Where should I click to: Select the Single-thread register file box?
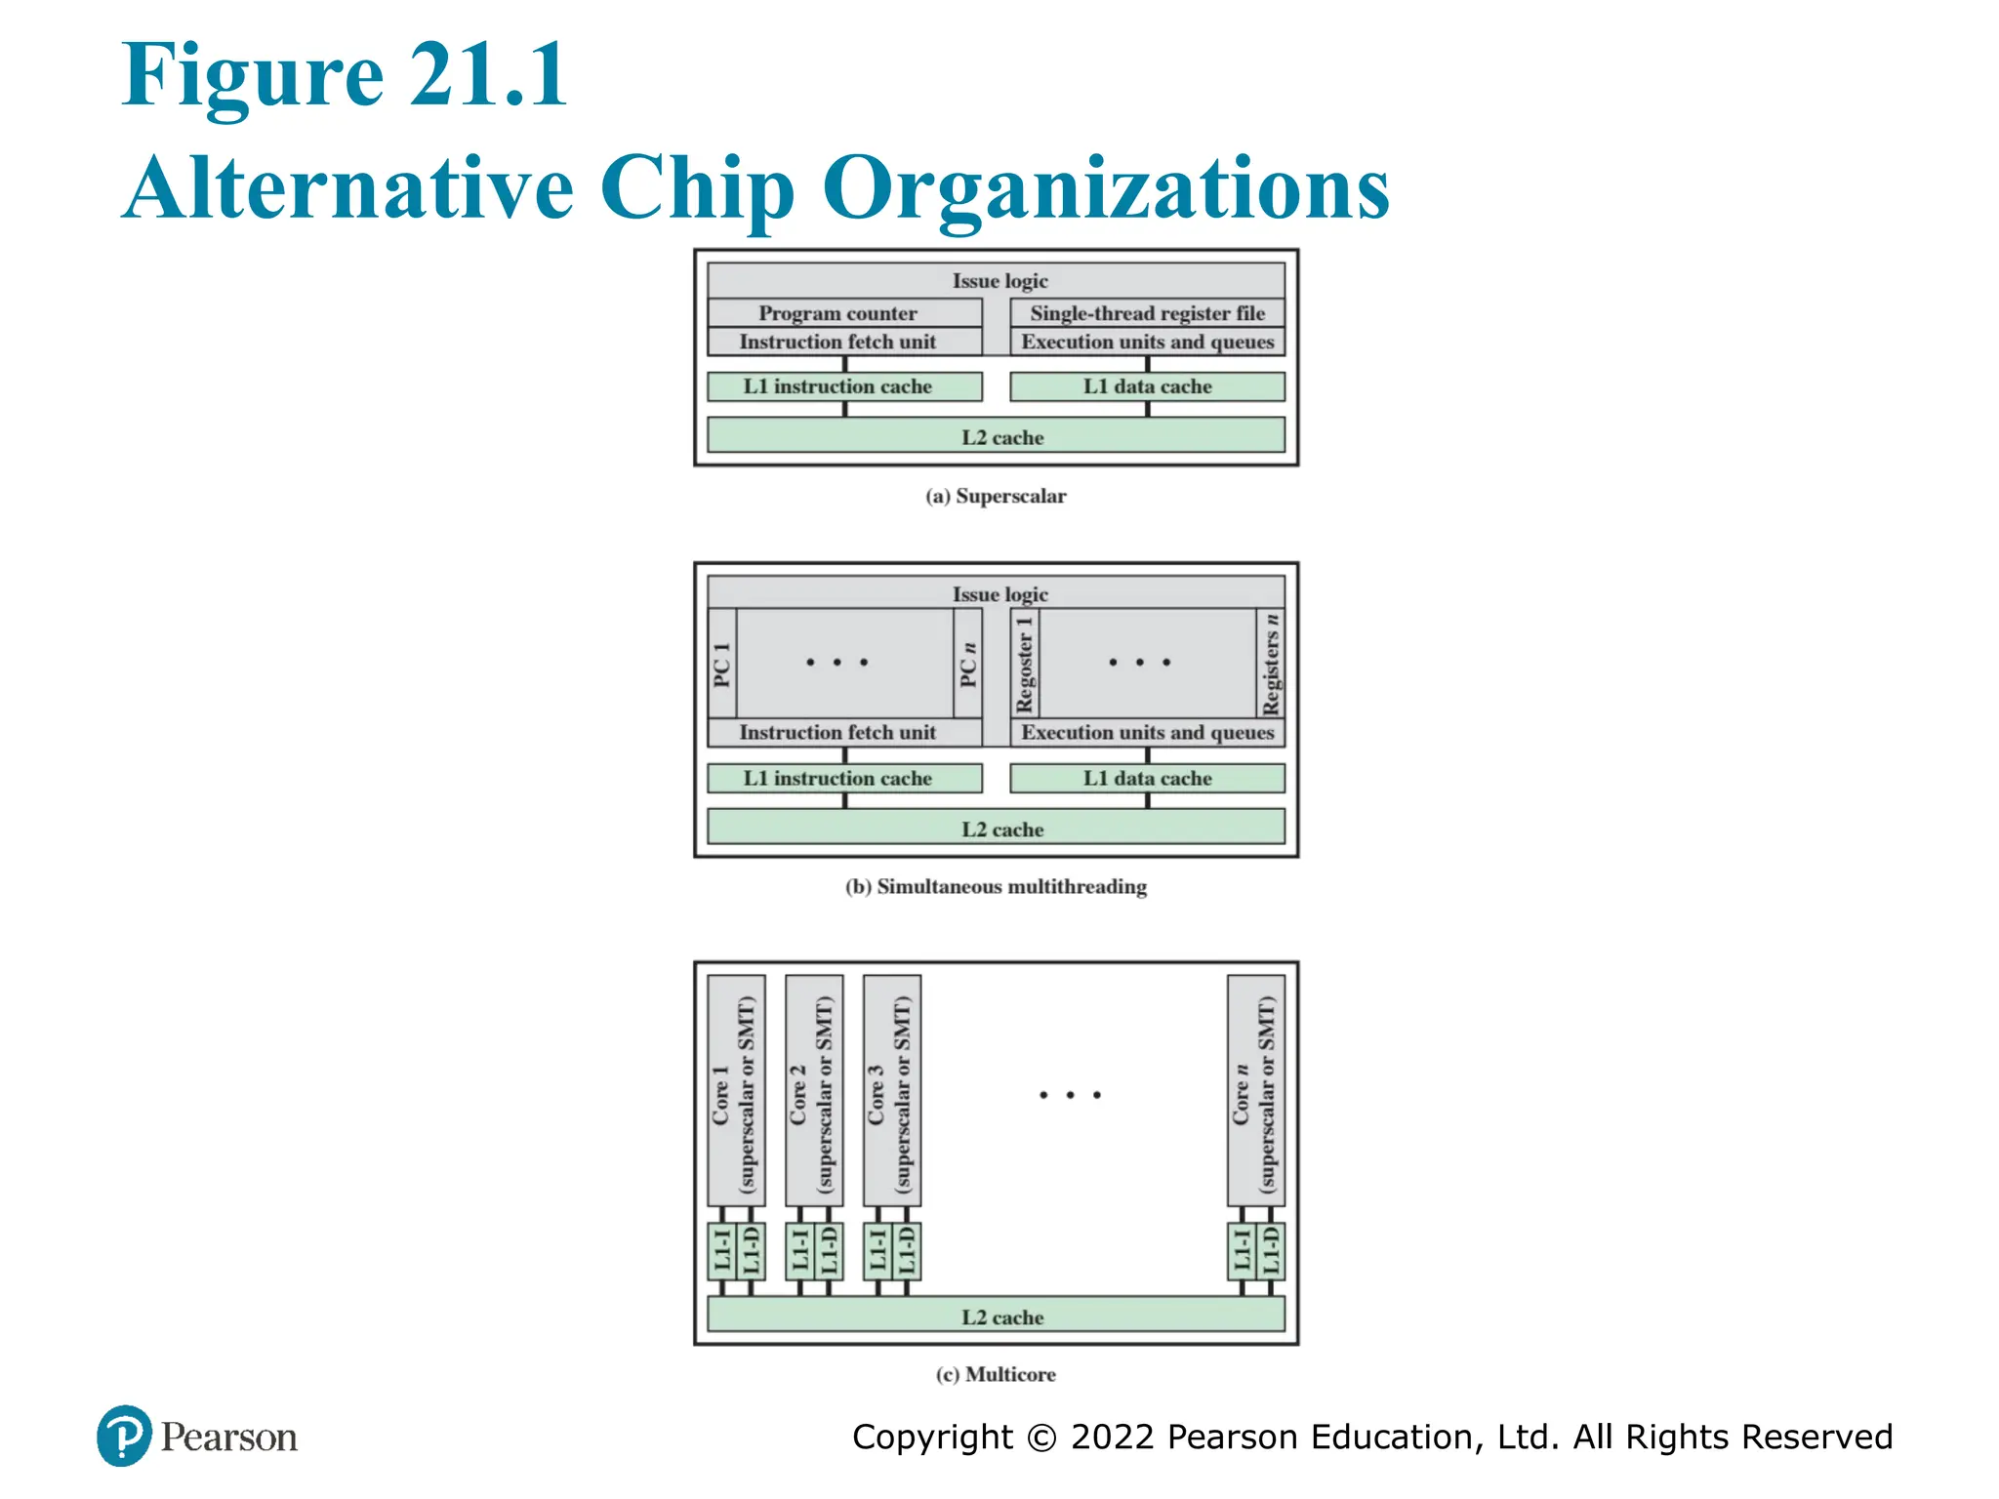point(1147,313)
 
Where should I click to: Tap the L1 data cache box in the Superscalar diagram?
point(1147,386)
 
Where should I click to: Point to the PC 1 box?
point(722,664)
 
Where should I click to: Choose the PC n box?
point(968,664)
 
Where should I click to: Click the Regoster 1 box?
point(1025,664)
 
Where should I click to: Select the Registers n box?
point(1271,664)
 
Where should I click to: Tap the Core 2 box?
point(813,1091)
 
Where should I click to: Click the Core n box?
point(1255,1091)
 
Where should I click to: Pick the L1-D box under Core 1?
point(751,1251)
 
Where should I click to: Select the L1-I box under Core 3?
point(877,1251)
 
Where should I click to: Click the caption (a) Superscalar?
point(996,496)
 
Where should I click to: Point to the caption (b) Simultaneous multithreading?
point(996,887)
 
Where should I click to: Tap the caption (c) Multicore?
point(996,1374)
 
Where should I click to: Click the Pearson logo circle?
point(124,1436)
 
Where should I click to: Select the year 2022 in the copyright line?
point(1113,1437)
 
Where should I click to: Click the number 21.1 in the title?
point(488,75)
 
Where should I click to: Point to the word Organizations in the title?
point(1106,188)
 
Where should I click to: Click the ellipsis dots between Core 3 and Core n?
point(1071,1095)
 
